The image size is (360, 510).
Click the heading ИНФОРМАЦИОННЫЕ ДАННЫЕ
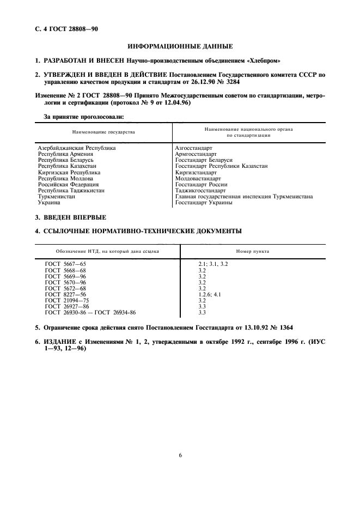[x=180, y=46]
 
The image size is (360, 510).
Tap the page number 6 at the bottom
[x=180, y=456]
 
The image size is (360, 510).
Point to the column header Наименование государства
[x=103, y=132]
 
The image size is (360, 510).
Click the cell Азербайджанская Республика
[x=77, y=148]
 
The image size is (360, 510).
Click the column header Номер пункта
[x=253, y=252]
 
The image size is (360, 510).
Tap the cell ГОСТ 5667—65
[x=66, y=264]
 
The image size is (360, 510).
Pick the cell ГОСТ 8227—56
[x=66, y=294]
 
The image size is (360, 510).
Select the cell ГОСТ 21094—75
[x=67, y=300]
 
